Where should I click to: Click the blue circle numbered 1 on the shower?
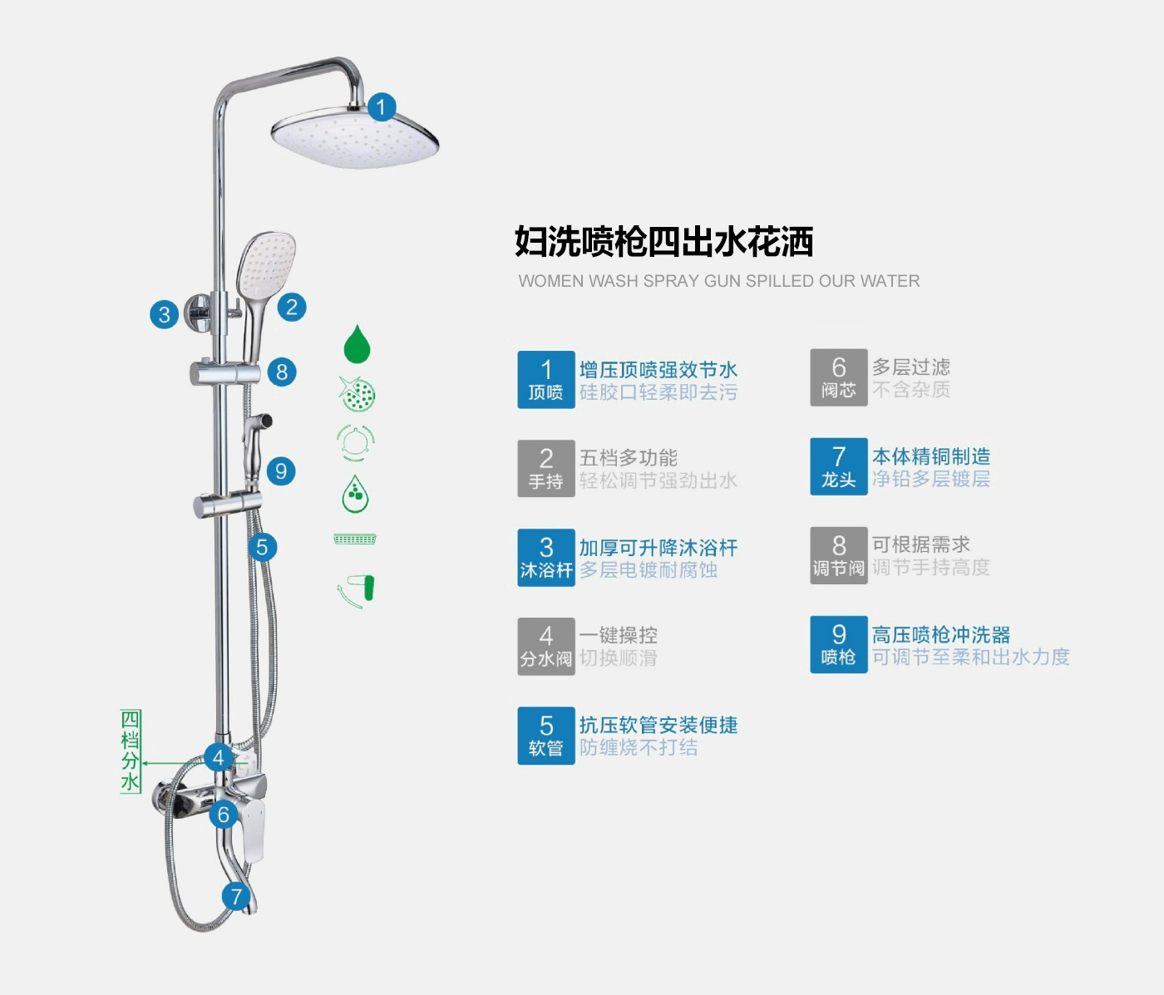pos(382,107)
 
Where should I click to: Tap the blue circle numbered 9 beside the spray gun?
pos(281,471)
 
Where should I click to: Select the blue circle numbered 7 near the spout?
pos(236,896)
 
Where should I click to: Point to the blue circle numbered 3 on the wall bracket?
pos(165,314)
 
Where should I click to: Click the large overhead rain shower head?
pos(356,138)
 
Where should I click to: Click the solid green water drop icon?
pos(357,343)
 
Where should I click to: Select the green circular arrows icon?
pos(356,442)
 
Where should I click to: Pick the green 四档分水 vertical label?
pos(131,751)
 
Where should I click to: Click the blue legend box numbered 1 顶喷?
pos(546,380)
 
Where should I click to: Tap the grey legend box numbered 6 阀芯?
pos(839,377)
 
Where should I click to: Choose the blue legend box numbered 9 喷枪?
pos(839,644)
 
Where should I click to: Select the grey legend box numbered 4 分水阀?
pos(546,646)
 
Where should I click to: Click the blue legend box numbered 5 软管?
pos(546,736)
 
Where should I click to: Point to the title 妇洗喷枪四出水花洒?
pos(663,242)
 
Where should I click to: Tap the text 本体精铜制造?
pos(931,456)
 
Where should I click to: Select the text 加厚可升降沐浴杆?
pos(658,548)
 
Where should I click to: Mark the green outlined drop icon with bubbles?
pos(356,495)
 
